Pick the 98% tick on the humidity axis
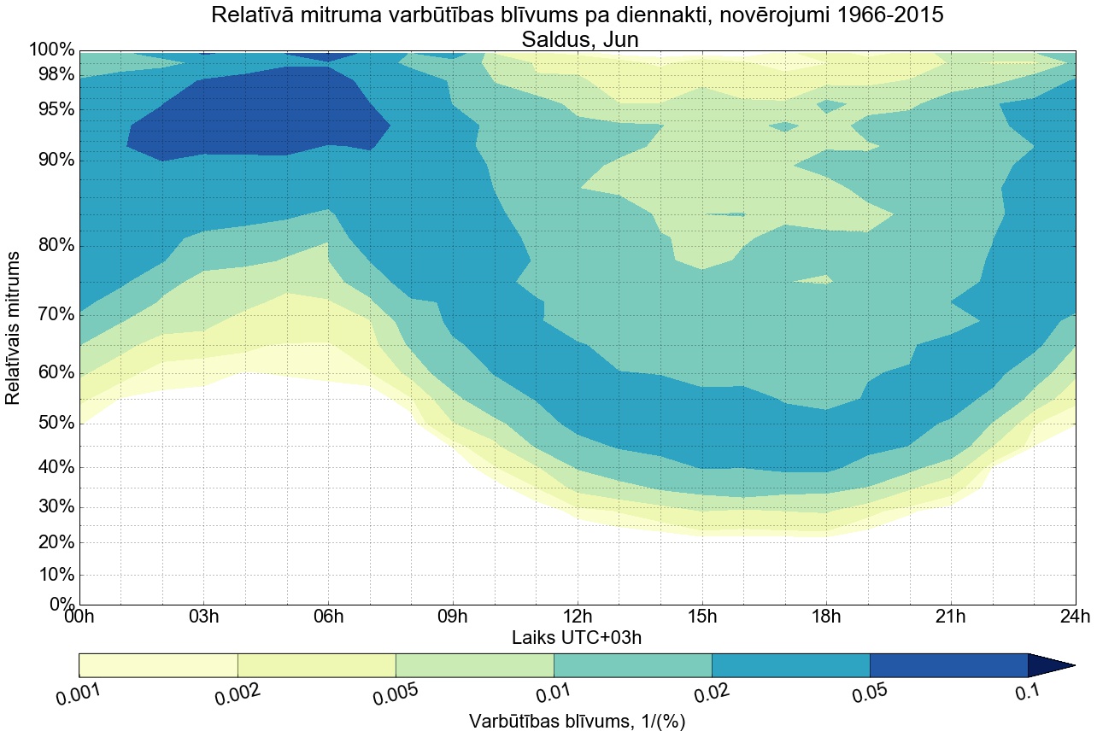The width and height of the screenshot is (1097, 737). click(51, 75)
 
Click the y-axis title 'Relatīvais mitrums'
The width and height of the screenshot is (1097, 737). click(14, 329)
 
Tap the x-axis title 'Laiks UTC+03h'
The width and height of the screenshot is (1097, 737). click(577, 637)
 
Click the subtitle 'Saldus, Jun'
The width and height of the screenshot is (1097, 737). click(577, 38)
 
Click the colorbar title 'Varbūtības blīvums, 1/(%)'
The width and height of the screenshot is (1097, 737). click(577, 722)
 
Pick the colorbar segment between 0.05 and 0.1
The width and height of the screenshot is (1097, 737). click(948, 665)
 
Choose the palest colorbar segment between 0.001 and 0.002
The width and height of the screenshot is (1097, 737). click(158, 665)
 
